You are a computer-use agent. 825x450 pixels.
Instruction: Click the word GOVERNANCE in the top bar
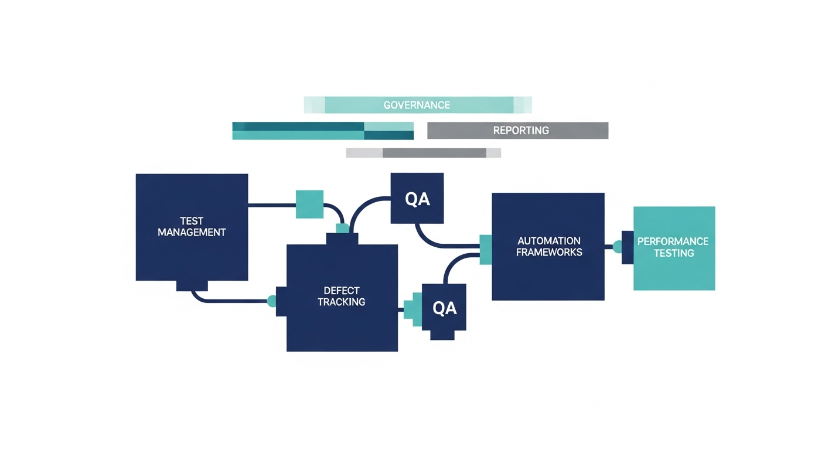[x=417, y=105]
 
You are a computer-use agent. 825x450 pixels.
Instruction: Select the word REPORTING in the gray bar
[x=520, y=131]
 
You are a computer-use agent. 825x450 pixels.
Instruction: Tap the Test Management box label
[x=192, y=227]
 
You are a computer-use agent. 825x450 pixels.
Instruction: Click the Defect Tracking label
[x=341, y=296]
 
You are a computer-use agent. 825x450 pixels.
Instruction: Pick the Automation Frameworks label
[x=549, y=247]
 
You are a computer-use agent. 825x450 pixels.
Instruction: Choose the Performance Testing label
[x=673, y=247]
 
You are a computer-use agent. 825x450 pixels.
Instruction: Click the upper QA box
[x=417, y=199]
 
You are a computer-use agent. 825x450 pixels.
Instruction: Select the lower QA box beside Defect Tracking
[x=444, y=308]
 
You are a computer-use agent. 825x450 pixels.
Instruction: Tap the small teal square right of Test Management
[x=309, y=204]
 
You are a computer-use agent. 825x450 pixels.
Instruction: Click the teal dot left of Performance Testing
[x=617, y=247]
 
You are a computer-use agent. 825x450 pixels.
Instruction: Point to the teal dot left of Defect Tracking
[x=272, y=301]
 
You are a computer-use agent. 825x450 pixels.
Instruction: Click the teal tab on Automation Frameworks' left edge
[x=485, y=248]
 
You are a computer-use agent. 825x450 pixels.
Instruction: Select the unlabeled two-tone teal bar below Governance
[x=323, y=131]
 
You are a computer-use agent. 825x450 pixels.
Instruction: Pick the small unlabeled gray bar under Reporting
[x=423, y=153]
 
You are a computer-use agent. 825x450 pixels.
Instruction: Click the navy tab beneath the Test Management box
[x=192, y=285]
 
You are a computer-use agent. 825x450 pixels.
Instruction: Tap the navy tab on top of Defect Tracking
[x=342, y=239]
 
